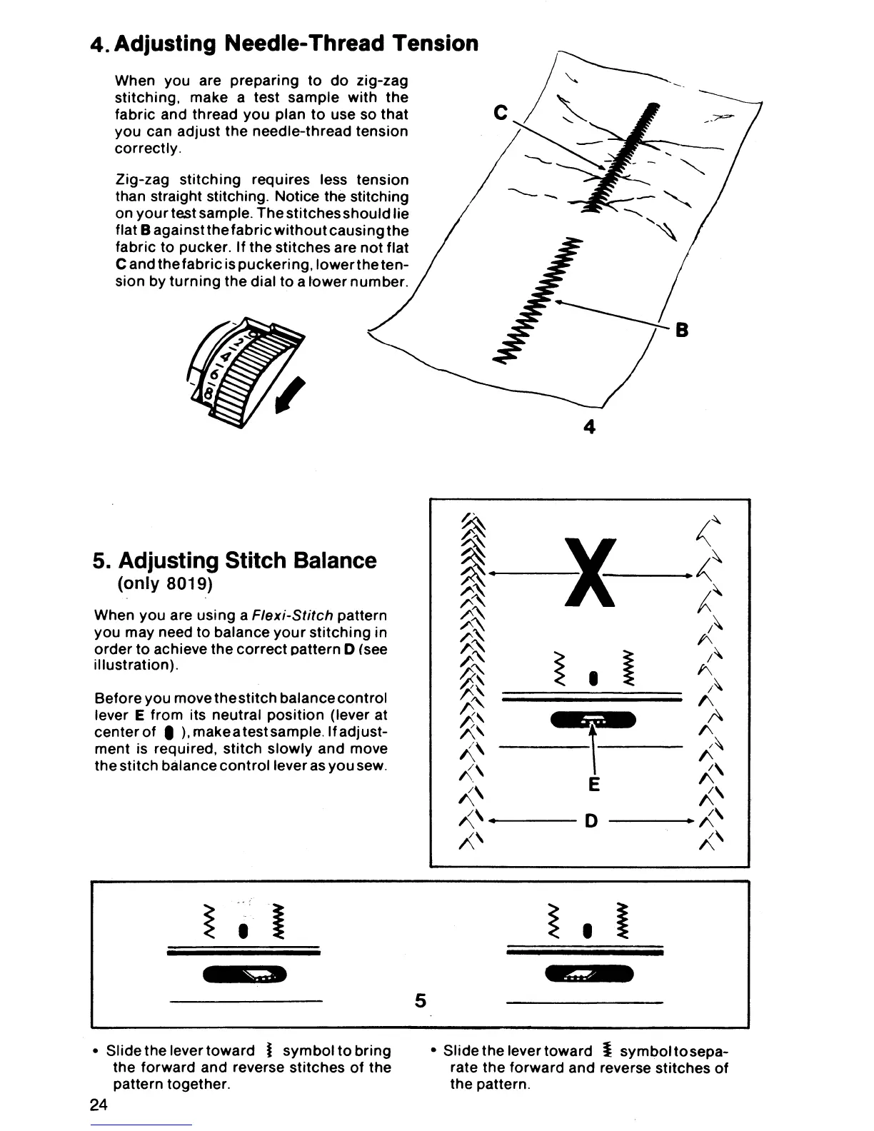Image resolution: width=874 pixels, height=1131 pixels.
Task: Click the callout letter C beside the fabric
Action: point(502,112)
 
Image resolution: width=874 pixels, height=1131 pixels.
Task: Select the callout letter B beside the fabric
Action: point(681,331)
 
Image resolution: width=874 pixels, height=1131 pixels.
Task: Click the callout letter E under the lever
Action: point(593,785)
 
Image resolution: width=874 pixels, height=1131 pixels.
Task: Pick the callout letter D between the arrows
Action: point(591,821)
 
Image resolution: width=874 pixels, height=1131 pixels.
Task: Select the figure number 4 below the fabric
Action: point(589,426)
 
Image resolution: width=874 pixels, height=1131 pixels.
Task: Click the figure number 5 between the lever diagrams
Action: point(421,1001)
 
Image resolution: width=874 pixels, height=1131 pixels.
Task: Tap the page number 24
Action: point(99,1105)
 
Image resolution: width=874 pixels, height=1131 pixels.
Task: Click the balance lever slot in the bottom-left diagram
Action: point(245,974)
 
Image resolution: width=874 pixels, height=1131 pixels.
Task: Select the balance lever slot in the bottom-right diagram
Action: point(588,974)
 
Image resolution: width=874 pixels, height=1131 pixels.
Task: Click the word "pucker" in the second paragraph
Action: point(191,248)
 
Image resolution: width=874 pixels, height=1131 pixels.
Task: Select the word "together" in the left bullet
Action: point(199,1084)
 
